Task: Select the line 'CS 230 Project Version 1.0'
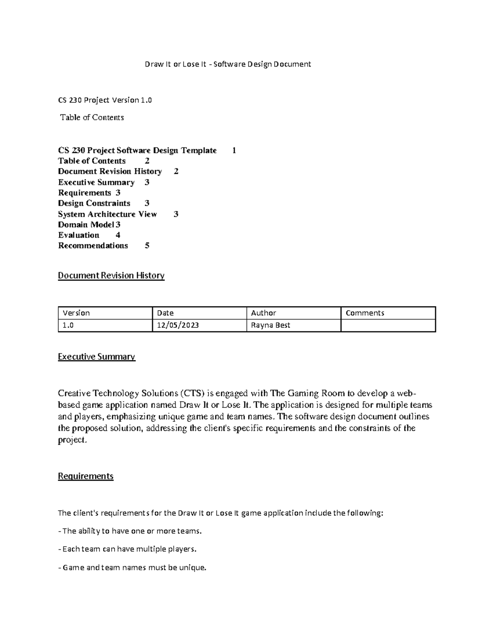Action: [105, 100]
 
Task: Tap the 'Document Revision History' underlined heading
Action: [111, 275]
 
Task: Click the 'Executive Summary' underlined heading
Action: [96, 356]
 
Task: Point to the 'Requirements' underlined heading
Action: [85, 476]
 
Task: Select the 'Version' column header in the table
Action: [76, 313]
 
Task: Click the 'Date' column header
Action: [166, 313]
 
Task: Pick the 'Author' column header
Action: [263, 313]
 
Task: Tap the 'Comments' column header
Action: [365, 313]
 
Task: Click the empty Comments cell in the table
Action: [388, 325]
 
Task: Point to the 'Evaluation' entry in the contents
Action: [79, 235]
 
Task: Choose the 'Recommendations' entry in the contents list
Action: [93, 246]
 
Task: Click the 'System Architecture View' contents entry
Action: [107, 214]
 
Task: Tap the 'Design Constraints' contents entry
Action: [94, 203]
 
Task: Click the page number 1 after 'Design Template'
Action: [234, 150]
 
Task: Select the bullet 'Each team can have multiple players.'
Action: [127, 549]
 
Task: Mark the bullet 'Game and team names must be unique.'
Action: [132, 567]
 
